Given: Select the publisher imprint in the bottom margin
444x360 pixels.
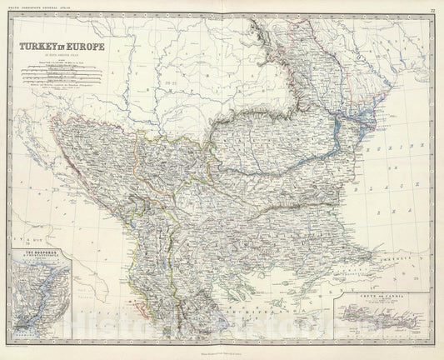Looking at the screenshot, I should (222, 347).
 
